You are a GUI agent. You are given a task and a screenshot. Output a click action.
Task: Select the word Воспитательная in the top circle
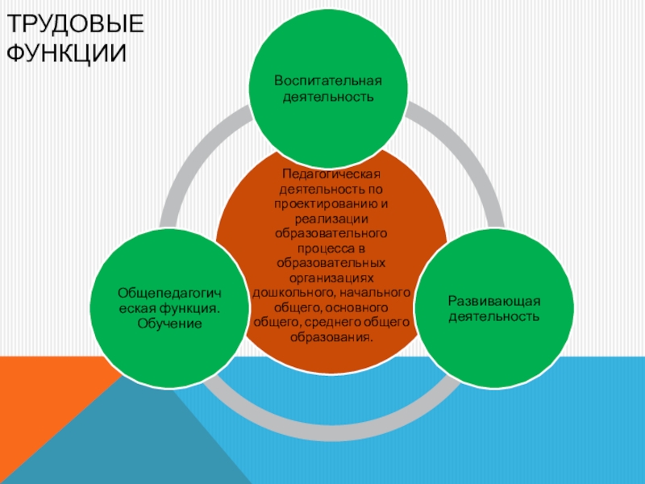[327, 81]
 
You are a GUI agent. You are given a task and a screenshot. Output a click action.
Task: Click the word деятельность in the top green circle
[327, 97]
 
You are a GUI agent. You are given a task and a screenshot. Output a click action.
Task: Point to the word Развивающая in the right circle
[493, 301]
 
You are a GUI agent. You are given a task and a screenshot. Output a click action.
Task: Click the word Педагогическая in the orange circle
[331, 175]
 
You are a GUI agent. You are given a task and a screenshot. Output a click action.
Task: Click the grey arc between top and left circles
[193, 161]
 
